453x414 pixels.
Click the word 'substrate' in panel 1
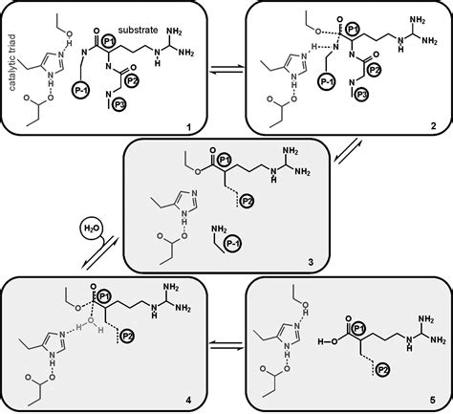pyautogui.click(x=138, y=30)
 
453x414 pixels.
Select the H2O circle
pyautogui.click(x=92, y=229)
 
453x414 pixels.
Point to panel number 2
pyautogui.click(x=433, y=126)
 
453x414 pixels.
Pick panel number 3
pyautogui.click(x=311, y=262)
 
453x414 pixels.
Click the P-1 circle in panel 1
pyautogui.click(x=80, y=90)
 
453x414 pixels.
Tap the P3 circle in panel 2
pyautogui.click(x=364, y=95)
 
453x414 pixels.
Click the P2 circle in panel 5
pyautogui.click(x=383, y=370)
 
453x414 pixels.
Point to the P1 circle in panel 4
pyautogui.click(x=104, y=297)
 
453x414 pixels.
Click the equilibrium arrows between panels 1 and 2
pyautogui.click(x=226, y=70)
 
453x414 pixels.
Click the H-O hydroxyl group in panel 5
pyautogui.click(x=328, y=342)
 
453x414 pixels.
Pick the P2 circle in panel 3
pyautogui.click(x=247, y=201)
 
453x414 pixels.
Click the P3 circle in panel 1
pyautogui.click(x=119, y=105)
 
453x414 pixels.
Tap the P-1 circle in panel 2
pyautogui.click(x=327, y=81)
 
